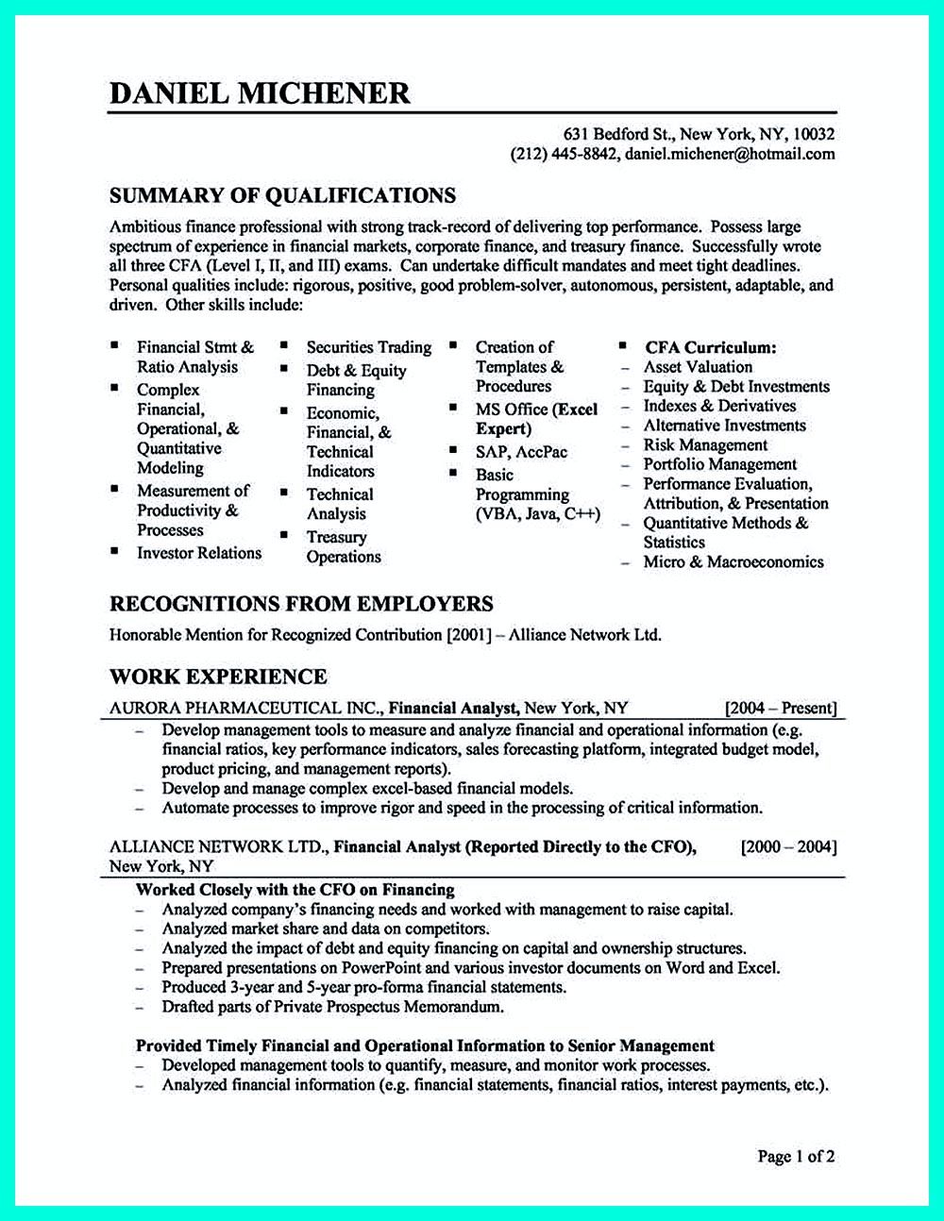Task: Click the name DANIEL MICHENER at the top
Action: pyautogui.click(x=260, y=92)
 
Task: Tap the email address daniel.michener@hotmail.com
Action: pyautogui.click(x=729, y=154)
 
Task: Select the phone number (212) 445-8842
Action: pyautogui.click(x=564, y=154)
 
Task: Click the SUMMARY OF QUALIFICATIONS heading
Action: pyautogui.click(x=282, y=195)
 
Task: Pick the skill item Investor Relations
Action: pyautogui.click(x=198, y=553)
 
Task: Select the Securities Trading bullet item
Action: pyautogui.click(x=368, y=347)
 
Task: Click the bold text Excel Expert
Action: pyautogui.click(x=536, y=419)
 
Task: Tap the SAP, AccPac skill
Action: pyautogui.click(x=521, y=452)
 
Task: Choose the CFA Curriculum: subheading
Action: pyautogui.click(x=711, y=347)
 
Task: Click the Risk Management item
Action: pyautogui.click(x=705, y=444)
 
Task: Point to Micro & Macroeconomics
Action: pyautogui.click(x=733, y=562)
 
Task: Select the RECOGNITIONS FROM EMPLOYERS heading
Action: pyautogui.click(x=301, y=604)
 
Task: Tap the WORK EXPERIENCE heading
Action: pyautogui.click(x=218, y=677)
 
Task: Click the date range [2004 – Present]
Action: pyautogui.click(x=780, y=708)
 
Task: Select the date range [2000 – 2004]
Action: pyautogui.click(x=789, y=846)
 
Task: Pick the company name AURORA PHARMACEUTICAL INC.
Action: pyautogui.click(x=246, y=708)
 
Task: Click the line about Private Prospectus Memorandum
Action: pyautogui.click(x=332, y=1007)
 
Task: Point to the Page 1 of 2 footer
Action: pyautogui.click(x=796, y=1156)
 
